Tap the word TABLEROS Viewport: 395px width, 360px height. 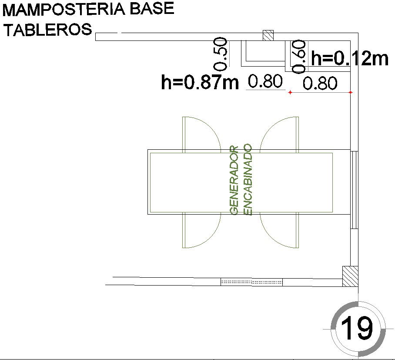pos(47,30)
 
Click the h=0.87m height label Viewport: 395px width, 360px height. pos(200,82)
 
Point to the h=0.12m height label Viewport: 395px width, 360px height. pos(349,58)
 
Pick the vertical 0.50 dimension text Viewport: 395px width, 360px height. pos(221,54)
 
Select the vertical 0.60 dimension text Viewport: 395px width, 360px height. pos(299,57)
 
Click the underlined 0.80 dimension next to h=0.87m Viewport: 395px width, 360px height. pos(265,81)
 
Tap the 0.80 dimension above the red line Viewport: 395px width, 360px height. pos(320,83)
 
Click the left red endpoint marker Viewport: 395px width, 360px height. pos(290,92)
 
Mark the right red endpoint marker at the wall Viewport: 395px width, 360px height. pos(351,92)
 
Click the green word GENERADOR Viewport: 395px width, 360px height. pos(234,180)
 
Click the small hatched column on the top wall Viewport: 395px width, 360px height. pos(268,36)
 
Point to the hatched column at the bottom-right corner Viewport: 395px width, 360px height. pos(350,276)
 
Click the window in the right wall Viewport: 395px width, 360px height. pos(354,189)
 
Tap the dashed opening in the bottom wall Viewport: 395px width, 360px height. pos(251,282)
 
